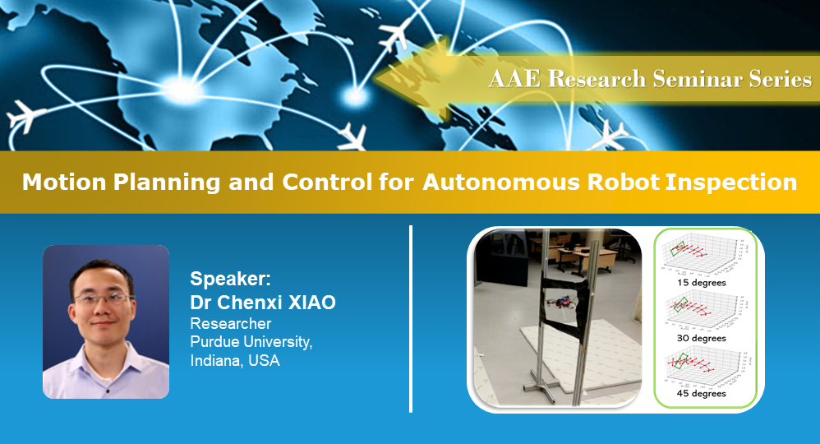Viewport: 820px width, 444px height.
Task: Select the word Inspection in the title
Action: (x=732, y=182)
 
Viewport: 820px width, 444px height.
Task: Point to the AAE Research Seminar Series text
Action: (x=650, y=79)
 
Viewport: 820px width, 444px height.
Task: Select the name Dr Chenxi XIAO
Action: (x=263, y=302)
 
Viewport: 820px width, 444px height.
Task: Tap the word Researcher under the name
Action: (x=231, y=323)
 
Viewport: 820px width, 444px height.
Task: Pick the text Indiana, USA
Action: (x=235, y=360)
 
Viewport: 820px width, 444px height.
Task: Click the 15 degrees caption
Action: (x=702, y=283)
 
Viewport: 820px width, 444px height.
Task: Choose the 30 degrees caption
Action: (x=702, y=338)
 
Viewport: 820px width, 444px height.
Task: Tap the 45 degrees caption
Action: (x=702, y=393)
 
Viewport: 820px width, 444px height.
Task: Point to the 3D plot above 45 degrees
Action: (x=703, y=365)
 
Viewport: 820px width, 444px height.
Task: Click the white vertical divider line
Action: (x=410, y=317)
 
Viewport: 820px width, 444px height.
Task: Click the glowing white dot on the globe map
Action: (x=355, y=97)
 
